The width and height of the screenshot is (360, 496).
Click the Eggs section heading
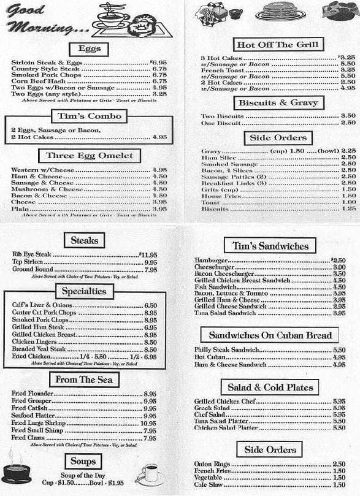click(x=89, y=49)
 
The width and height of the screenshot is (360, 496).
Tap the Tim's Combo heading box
click(x=89, y=115)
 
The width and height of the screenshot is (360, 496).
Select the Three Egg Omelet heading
click(x=89, y=156)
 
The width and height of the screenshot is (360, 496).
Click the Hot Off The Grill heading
click(x=277, y=44)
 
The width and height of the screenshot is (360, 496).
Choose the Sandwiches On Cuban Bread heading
click(x=270, y=335)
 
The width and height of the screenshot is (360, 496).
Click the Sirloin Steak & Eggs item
click(x=46, y=63)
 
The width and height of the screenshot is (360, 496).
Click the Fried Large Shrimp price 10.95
click(x=148, y=423)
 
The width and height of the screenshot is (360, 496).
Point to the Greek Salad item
click(x=212, y=408)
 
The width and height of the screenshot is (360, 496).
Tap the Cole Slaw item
click(x=207, y=485)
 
